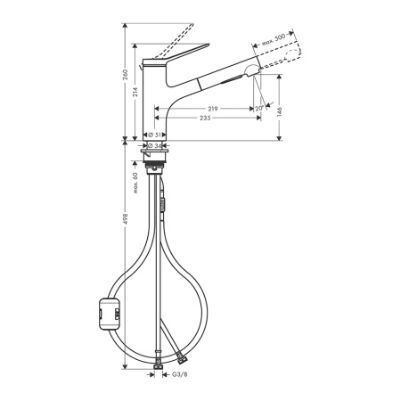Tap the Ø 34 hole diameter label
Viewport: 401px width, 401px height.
click(155, 145)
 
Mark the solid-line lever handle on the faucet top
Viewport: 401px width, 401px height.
click(182, 54)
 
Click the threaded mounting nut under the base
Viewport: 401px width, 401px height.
click(156, 164)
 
